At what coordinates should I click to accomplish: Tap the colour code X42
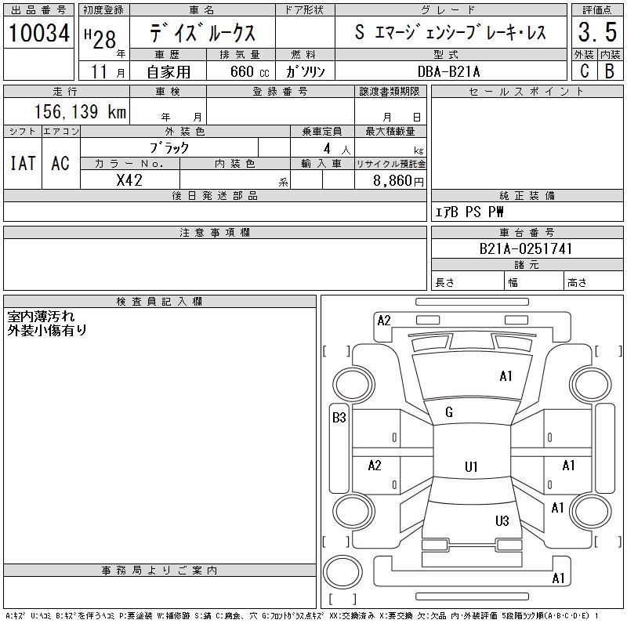pyautogui.click(x=129, y=179)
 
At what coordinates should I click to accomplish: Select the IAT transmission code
pyautogui.click(x=23, y=163)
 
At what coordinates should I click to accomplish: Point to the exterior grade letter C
pyautogui.click(x=584, y=71)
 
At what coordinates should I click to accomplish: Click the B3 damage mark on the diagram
pyautogui.click(x=339, y=418)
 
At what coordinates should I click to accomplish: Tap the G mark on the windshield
pyautogui.click(x=449, y=412)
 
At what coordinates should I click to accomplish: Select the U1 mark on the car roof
pyautogui.click(x=471, y=467)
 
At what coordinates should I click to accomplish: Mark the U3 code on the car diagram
pyautogui.click(x=502, y=521)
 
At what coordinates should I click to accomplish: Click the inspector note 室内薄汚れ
pyautogui.click(x=41, y=317)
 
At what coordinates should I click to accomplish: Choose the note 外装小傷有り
pyautogui.click(x=47, y=330)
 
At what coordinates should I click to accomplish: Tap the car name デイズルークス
pyautogui.click(x=201, y=34)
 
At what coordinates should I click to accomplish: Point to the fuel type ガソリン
pyautogui.click(x=306, y=71)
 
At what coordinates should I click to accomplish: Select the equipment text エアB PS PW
pyautogui.click(x=470, y=212)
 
